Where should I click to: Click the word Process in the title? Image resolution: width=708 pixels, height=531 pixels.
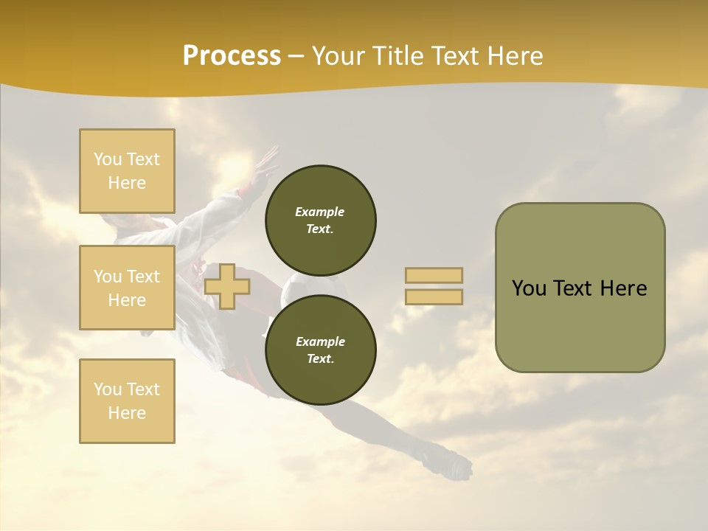(x=232, y=56)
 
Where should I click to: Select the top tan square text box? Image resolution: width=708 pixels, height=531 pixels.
(x=127, y=171)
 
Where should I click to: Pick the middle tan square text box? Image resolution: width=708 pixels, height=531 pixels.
(x=127, y=288)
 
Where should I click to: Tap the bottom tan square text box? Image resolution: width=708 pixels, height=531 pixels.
(x=127, y=401)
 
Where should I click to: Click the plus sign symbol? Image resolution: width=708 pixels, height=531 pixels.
(x=226, y=286)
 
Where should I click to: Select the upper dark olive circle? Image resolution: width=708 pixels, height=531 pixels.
(x=321, y=220)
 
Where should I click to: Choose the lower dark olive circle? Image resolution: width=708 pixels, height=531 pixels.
(x=321, y=350)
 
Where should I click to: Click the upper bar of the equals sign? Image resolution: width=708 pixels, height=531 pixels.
(x=434, y=276)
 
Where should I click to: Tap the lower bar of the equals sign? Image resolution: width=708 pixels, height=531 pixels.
(x=434, y=297)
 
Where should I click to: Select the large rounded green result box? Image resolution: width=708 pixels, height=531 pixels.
(x=580, y=288)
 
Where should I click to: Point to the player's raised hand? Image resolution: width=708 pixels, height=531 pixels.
(x=265, y=159)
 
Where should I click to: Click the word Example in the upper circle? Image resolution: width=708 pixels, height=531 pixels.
(x=319, y=212)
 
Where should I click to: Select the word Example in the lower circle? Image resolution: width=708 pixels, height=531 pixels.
(x=320, y=341)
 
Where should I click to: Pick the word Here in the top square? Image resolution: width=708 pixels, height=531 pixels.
(x=127, y=183)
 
